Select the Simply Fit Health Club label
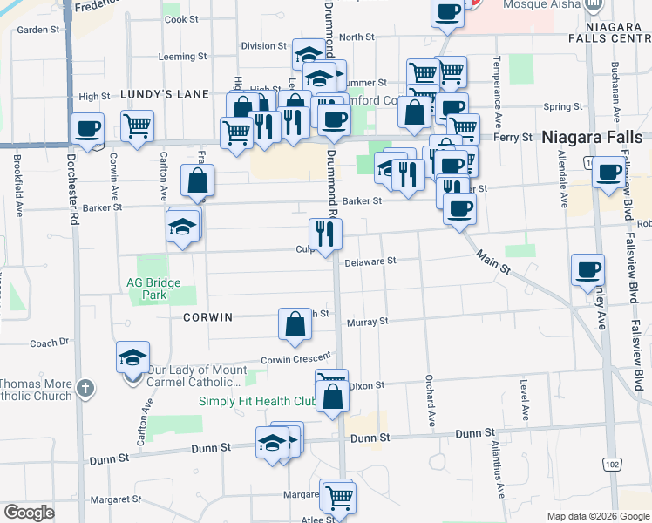coord(255,402)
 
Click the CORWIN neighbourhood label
coord(208,317)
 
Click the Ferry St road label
coord(513,138)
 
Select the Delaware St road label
coord(370,261)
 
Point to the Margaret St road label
coord(117,499)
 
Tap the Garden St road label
coord(37,30)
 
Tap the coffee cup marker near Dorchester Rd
coord(88,128)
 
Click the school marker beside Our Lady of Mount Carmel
coord(133,357)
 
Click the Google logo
coord(29,513)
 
